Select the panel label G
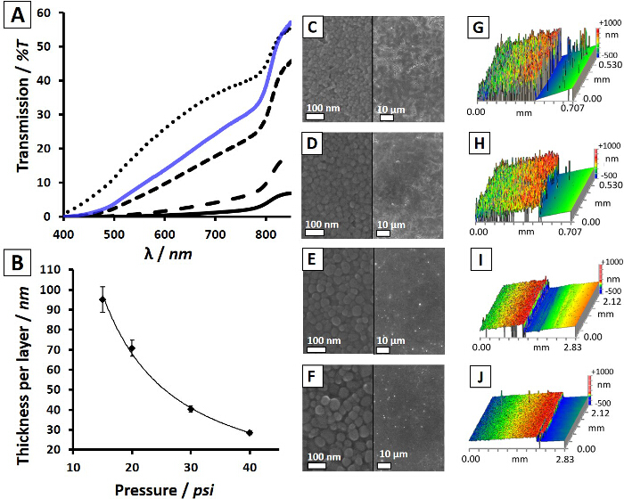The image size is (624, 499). [487, 29]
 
